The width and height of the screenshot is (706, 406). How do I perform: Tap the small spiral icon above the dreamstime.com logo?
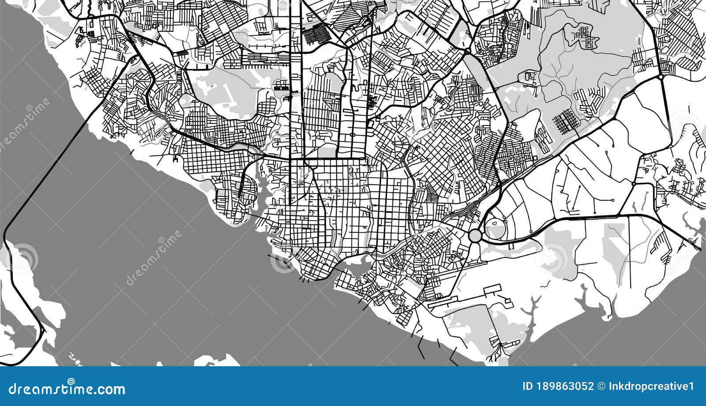click(71, 381)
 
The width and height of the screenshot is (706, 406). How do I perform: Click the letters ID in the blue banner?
click(527, 387)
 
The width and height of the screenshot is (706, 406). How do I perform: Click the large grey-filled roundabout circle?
click(475, 235)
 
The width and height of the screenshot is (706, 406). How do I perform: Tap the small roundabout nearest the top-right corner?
click(661, 77)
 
